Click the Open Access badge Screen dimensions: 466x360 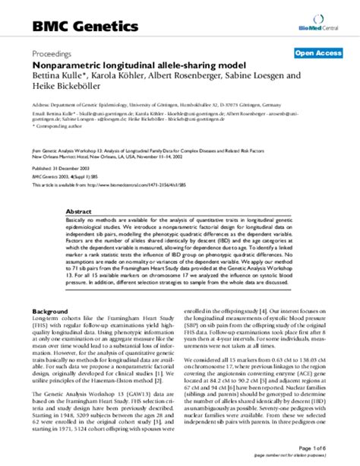coord(317,53)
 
